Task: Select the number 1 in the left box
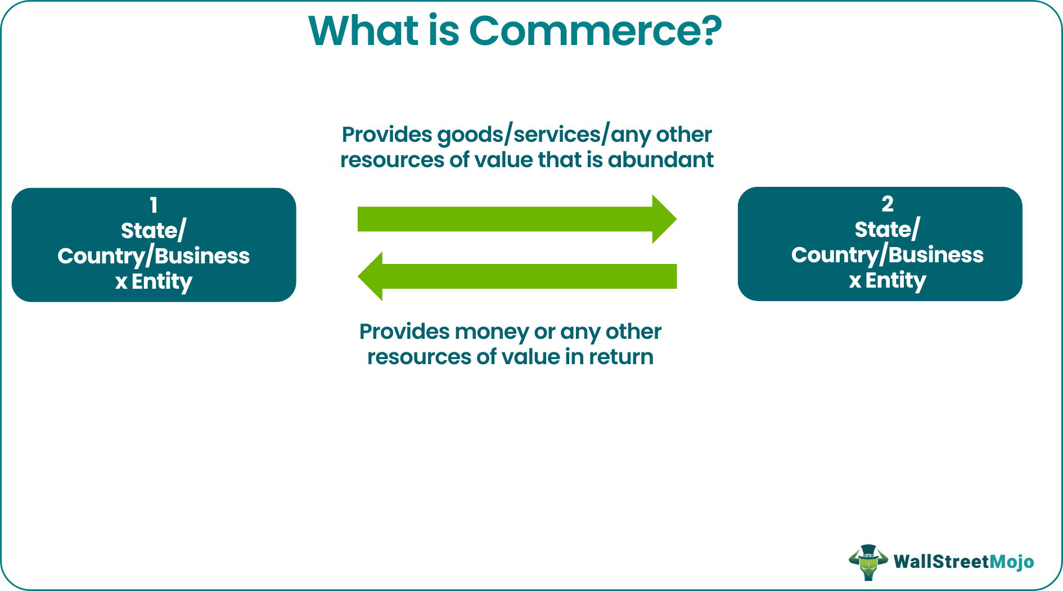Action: (x=154, y=205)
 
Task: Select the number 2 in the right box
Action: (x=887, y=204)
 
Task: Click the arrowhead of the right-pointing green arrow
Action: (x=664, y=219)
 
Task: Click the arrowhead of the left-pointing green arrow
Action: (x=371, y=276)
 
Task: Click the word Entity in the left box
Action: (x=162, y=281)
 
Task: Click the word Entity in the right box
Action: (x=895, y=280)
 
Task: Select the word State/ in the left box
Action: (x=153, y=231)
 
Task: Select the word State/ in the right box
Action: (x=887, y=230)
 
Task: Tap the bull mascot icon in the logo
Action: (x=868, y=562)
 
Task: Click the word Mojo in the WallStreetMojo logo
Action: (x=1011, y=562)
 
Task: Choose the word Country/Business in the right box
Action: (x=887, y=255)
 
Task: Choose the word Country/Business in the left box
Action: (x=153, y=256)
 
